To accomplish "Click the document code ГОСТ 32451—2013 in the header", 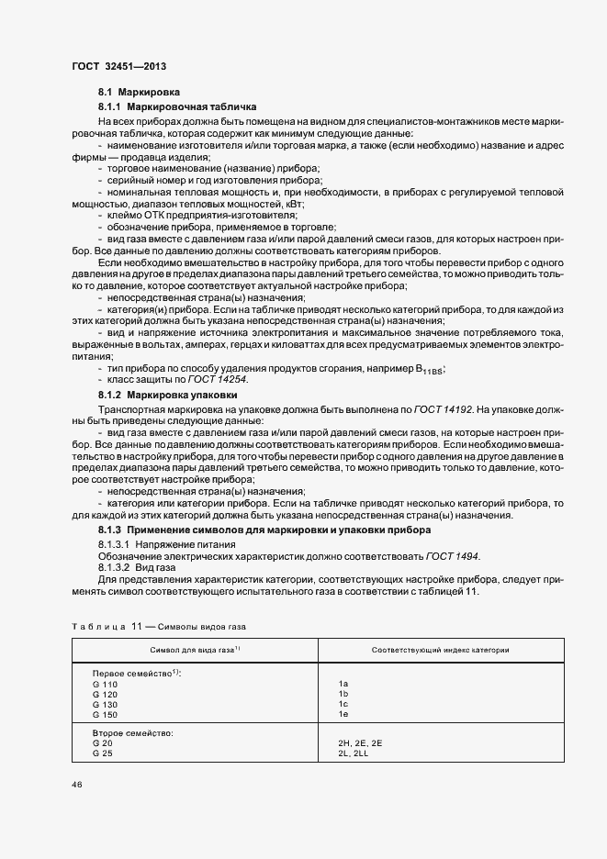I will (118, 66).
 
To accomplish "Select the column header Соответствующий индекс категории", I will (441, 650).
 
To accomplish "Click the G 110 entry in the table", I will (106, 685).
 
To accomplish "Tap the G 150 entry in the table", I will (106, 714).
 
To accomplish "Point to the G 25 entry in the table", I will (103, 753).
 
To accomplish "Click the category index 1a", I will (343, 685).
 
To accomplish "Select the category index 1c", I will (343, 704).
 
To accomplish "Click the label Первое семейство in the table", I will (136, 675).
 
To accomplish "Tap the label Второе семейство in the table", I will (132, 733).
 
